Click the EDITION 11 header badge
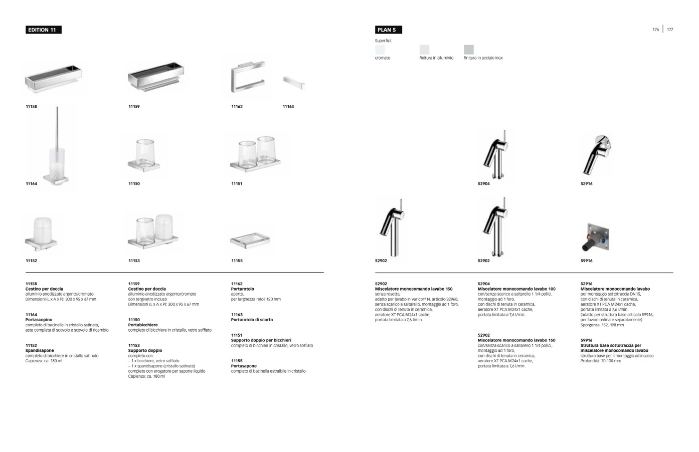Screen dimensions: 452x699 click(43, 30)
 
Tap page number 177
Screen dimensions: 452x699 click(670, 30)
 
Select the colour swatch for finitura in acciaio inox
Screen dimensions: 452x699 click(468, 49)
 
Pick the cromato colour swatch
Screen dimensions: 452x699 click(380, 49)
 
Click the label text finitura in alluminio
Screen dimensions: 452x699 click(436, 58)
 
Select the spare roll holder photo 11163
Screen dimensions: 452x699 click(293, 83)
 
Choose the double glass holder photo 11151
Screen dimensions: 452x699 click(256, 153)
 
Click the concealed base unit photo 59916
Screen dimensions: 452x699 click(595, 237)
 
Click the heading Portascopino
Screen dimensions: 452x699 click(39, 320)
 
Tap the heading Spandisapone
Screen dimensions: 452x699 click(40, 351)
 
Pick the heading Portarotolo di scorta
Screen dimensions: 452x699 click(252, 320)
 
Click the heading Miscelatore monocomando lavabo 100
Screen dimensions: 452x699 click(516, 289)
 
